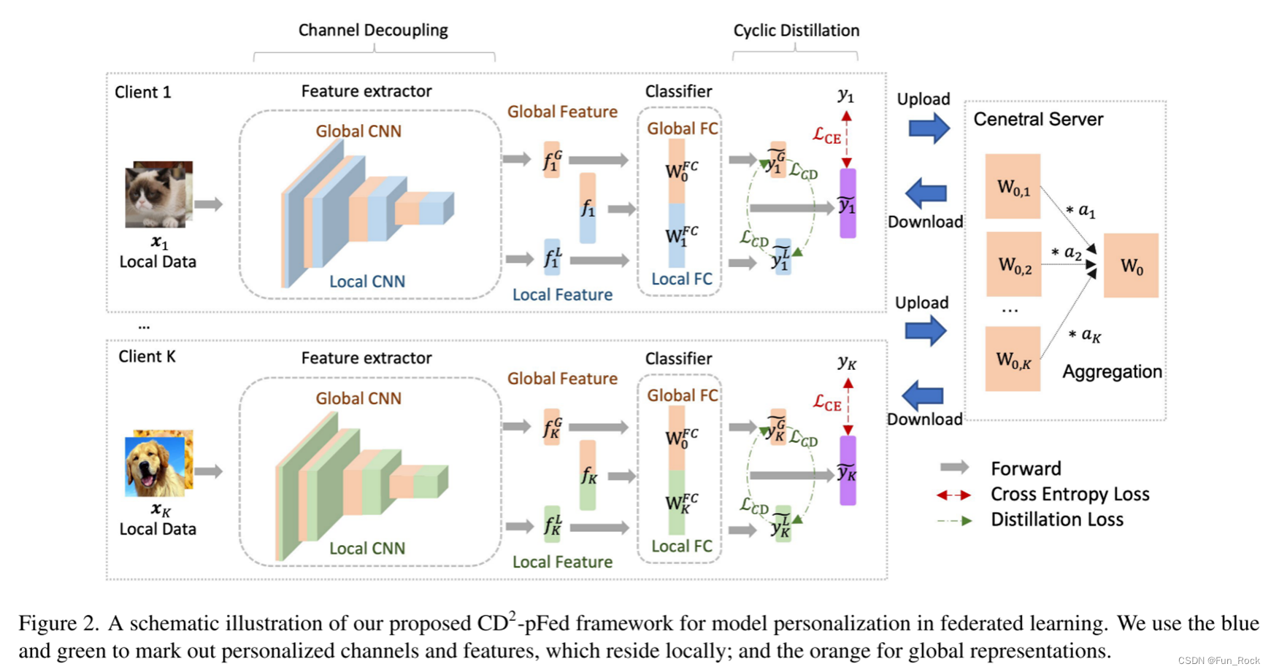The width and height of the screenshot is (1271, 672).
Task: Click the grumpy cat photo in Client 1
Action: (158, 194)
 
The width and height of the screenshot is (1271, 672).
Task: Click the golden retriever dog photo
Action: (158, 463)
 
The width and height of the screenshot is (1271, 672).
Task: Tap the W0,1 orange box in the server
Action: (1013, 187)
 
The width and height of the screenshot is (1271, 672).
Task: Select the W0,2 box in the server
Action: (1013, 264)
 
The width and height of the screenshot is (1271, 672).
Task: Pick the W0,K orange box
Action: (1013, 359)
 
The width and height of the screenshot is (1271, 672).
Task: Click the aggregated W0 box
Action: (1131, 266)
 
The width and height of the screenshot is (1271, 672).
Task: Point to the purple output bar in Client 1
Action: (848, 204)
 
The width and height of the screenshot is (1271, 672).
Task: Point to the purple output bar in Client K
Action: (848, 471)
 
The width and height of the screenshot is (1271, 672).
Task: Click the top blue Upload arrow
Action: (929, 128)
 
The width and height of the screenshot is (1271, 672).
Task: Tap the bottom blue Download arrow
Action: (924, 396)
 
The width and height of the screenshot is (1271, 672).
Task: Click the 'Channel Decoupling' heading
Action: (373, 30)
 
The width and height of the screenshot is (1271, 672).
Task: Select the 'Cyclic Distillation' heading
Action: (796, 31)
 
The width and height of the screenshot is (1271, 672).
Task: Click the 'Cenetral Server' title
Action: (1038, 120)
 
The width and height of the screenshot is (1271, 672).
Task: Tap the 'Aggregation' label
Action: (1112, 372)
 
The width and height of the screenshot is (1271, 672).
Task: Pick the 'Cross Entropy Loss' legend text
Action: (1070, 495)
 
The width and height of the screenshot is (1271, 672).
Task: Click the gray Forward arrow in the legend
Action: (954, 468)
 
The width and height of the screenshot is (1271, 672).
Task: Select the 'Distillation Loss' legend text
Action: (1056, 520)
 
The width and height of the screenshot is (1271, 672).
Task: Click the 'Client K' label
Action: (147, 357)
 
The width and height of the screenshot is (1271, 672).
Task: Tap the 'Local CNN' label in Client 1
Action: (366, 282)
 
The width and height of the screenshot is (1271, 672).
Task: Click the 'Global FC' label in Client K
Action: (682, 395)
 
